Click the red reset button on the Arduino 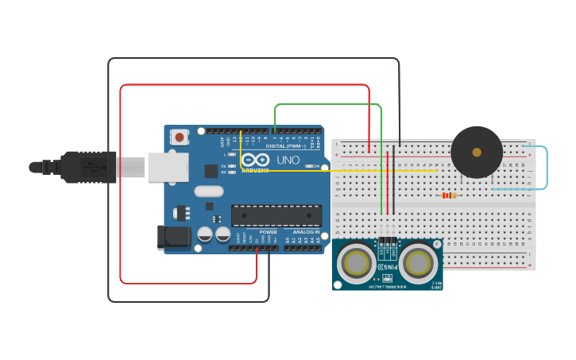pyautogui.click(x=180, y=137)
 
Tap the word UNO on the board pyautogui.click(x=288, y=160)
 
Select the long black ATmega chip pyautogui.click(x=276, y=215)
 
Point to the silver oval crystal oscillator pyautogui.click(x=208, y=191)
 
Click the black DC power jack pyautogui.click(x=175, y=236)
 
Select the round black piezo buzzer pyautogui.click(x=477, y=152)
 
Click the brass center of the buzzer pyautogui.click(x=477, y=152)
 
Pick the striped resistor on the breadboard pyautogui.click(x=449, y=195)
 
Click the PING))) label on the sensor pyautogui.click(x=387, y=269)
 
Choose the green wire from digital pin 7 pyautogui.click(x=327, y=104)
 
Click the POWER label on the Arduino pyautogui.click(x=268, y=232)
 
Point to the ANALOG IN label pyautogui.click(x=306, y=232)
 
